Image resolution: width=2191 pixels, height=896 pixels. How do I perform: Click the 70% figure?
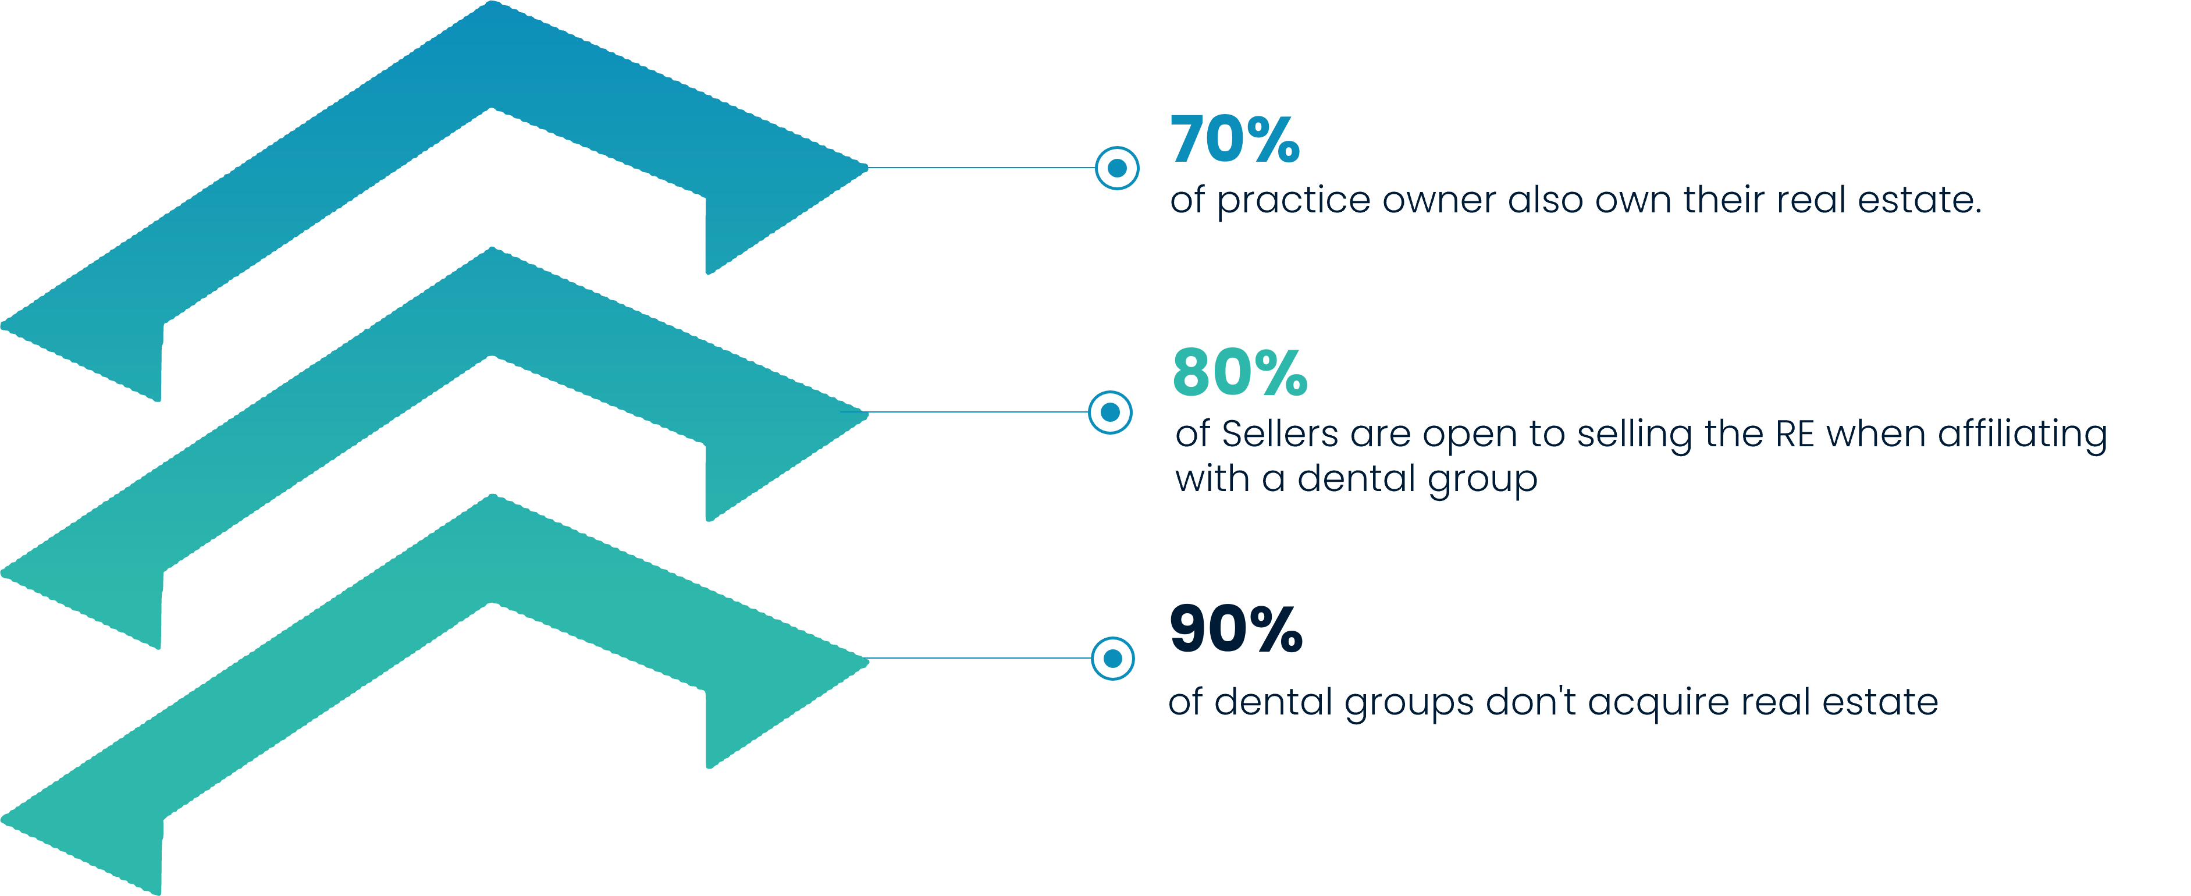tap(1235, 140)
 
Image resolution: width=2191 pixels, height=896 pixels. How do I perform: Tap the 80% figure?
tap(1239, 373)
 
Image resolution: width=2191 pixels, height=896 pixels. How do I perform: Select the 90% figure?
tap(1236, 629)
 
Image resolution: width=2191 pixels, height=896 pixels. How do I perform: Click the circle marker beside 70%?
tap(1117, 169)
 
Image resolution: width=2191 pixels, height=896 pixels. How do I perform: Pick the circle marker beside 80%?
tap(1110, 413)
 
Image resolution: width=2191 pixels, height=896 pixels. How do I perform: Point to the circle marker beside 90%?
tap(1112, 659)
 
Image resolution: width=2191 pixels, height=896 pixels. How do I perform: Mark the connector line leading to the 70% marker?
tap(978, 168)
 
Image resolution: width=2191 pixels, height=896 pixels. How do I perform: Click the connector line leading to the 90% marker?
tap(978, 658)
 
